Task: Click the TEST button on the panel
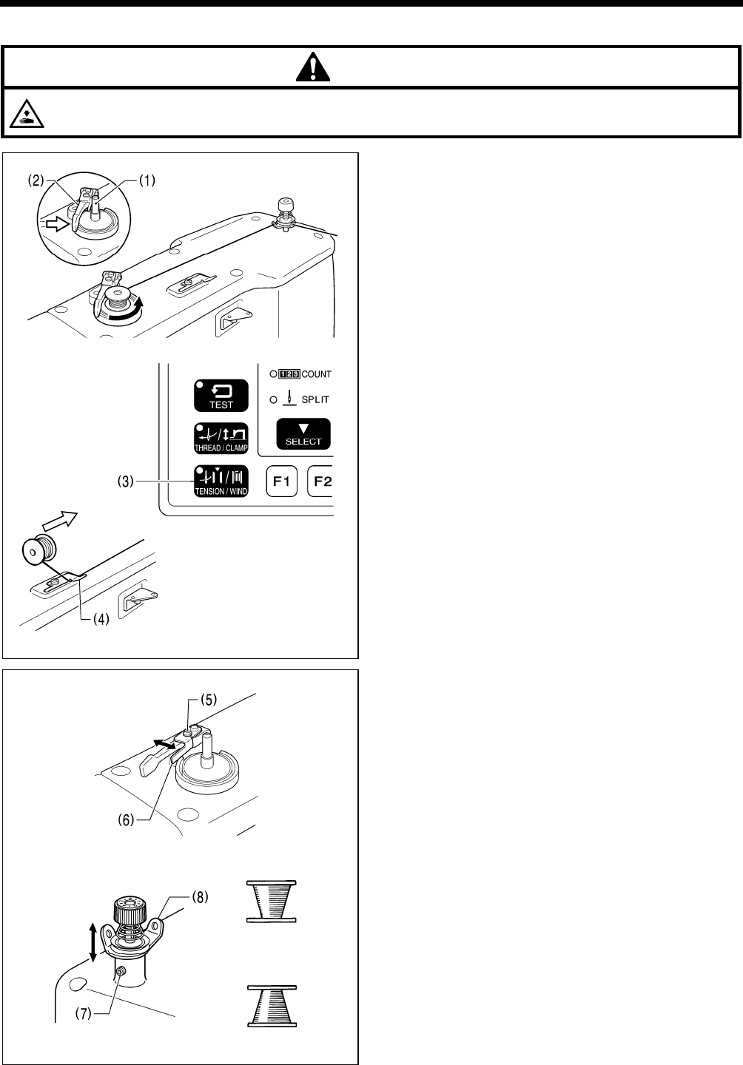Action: point(221,396)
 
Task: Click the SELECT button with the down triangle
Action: point(303,434)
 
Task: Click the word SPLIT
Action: point(315,399)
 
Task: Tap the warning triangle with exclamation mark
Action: point(313,68)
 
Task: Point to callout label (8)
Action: point(198,898)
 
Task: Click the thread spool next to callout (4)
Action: point(36,552)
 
